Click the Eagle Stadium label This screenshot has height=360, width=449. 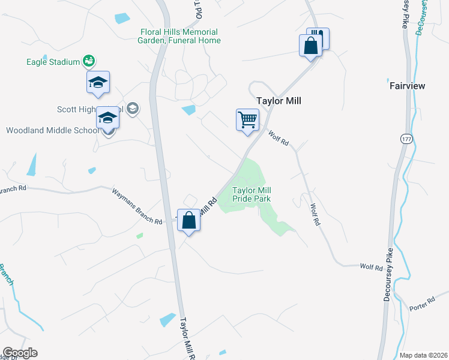(53, 61)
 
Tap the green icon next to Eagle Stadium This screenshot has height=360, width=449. (89, 61)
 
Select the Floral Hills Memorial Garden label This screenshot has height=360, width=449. (179, 36)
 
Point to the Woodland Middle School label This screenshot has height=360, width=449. (50, 130)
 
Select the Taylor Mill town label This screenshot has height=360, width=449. (279, 101)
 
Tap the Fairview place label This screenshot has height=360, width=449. (407, 86)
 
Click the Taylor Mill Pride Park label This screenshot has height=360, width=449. (252, 194)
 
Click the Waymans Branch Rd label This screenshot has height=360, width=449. (137, 206)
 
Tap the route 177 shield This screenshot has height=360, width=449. (405, 139)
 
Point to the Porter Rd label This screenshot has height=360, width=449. (422, 302)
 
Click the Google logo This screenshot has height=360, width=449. (20, 353)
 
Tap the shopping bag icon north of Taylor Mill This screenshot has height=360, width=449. (311, 46)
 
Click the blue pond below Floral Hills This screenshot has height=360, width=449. (188, 110)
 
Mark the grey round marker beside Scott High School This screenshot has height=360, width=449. (133, 109)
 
